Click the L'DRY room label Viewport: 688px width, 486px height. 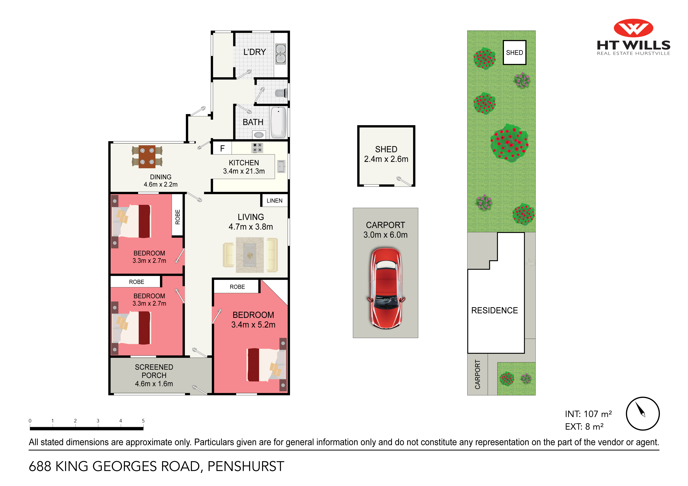pos(254,52)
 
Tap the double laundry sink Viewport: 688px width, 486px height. pos(281,54)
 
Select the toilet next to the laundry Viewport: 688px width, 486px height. pos(281,93)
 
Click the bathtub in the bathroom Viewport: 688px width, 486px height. pos(278,122)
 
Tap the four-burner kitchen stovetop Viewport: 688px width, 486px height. pos(257,148)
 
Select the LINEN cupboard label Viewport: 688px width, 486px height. pos(274,201)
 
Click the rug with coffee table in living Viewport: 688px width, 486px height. pos(250,255)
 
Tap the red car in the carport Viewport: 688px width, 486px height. pos(386,288)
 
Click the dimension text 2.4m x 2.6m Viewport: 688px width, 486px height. pos(386,159)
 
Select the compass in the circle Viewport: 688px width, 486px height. pos(642,414)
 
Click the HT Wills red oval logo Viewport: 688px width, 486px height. pos(633,28)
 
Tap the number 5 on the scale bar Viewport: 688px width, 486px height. pos(143,421)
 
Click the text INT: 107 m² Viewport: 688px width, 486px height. pos(588,414)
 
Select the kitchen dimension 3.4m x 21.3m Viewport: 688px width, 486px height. pos(244,171)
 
